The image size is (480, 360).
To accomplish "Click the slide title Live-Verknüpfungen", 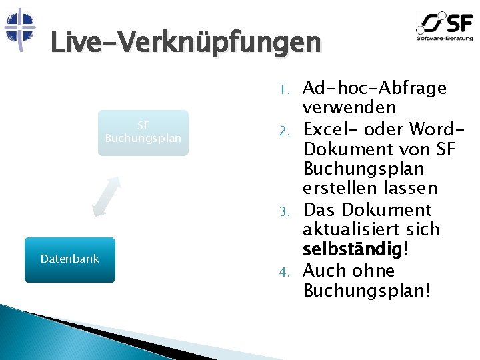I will pyautogui.click(x=185, y=44).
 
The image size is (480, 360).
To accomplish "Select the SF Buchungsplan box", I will pyautogui.click(x=143, y=132).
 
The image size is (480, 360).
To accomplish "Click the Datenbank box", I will pyautogui.click(x=70, y=259).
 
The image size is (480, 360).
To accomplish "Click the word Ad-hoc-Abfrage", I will pyautogui.click(x=375, y=88).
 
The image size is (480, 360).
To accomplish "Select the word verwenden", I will pyautogui.click(x=349, y=107).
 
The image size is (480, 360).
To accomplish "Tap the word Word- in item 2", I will pyautogui.click(x=431, y=128).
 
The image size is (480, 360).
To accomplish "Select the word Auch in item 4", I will pyautogui.click(x=323, y=271).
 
